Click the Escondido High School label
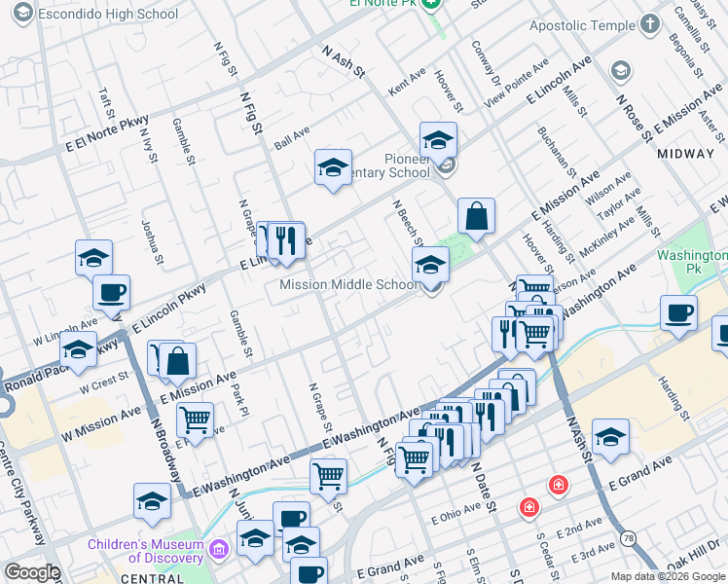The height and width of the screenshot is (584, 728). pos(107,15)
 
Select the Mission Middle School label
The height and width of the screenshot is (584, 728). pos(348,285)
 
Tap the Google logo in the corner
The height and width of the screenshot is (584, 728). pos(31,572)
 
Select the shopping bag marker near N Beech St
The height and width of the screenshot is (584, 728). pos(476,218)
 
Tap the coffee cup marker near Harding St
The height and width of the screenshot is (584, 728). pos(678,314)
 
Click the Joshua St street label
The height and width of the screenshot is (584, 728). pos(149,236)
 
